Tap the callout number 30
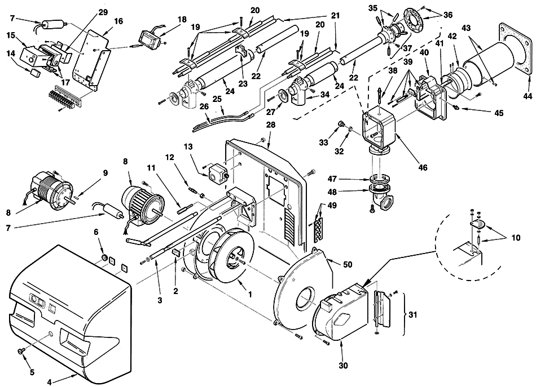(343, 366)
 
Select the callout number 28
(271, 125)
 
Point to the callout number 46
(423, 167)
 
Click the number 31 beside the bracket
(413, 314)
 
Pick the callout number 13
(188, 147)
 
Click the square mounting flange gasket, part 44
(516, 48)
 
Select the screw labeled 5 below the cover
(21, 350)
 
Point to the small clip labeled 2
(177, 253)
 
